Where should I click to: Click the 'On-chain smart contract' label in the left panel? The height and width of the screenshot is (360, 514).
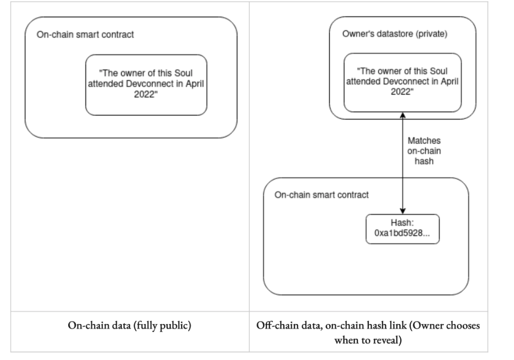(85, 34)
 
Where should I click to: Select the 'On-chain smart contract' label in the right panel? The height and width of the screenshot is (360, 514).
(321, 195)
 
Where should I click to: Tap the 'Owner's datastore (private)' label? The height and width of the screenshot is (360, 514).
(395, 34)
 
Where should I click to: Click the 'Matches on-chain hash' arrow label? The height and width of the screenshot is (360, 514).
(424, 151)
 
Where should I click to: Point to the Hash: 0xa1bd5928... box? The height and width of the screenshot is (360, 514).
(402, 229)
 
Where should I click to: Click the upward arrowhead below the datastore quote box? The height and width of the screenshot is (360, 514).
(402, 115)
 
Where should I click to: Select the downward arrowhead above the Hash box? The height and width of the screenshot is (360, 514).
(402, 211)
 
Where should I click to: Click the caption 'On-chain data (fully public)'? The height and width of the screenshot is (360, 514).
(130, 326)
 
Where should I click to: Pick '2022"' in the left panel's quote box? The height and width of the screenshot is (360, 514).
(146, 94)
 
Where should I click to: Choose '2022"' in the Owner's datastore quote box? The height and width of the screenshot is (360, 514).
(402, 92)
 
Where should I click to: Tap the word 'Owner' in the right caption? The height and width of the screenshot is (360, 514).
(427, 325)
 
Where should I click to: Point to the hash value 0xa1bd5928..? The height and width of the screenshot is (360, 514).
(402, 233)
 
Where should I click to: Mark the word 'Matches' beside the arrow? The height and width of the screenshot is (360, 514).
(424, 141)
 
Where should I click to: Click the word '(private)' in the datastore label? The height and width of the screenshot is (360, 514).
(431, 34)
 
